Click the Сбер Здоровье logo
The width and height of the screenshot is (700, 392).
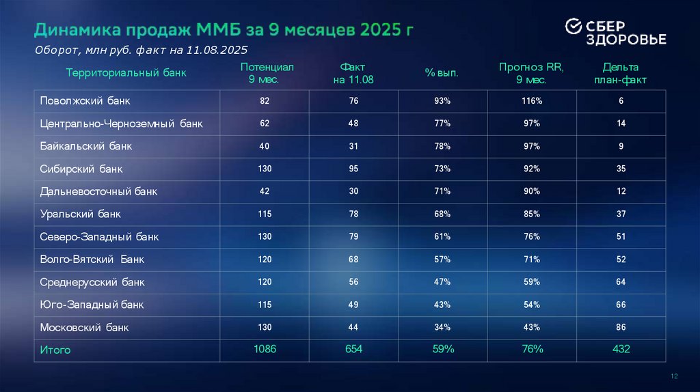[615, 32]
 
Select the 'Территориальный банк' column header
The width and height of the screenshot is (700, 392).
[126, 72]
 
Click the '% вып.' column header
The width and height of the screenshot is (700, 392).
[442, 72]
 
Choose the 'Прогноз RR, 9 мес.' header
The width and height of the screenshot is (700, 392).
[530, 73]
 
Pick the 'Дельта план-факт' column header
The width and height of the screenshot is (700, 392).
[621, 73]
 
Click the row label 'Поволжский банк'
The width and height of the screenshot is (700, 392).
[85, 101]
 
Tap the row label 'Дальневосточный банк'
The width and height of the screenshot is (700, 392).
[98, 191]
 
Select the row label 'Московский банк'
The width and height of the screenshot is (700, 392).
[85, 327]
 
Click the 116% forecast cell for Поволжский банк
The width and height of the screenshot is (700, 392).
[532, 101]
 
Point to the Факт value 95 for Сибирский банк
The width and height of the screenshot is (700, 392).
[353, 169]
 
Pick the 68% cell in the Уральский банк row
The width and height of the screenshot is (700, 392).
[442, 214]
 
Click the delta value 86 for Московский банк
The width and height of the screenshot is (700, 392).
[621, 327]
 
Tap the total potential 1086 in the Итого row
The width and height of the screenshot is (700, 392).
[265, 350]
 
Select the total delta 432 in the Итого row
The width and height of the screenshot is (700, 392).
[621, 350]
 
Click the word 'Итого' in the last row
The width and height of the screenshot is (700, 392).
[55, 350]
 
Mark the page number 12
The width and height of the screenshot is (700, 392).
[674, 377]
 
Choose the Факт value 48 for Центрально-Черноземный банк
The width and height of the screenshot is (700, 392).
[353, 124]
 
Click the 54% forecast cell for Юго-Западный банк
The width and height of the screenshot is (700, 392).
[532, 305]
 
